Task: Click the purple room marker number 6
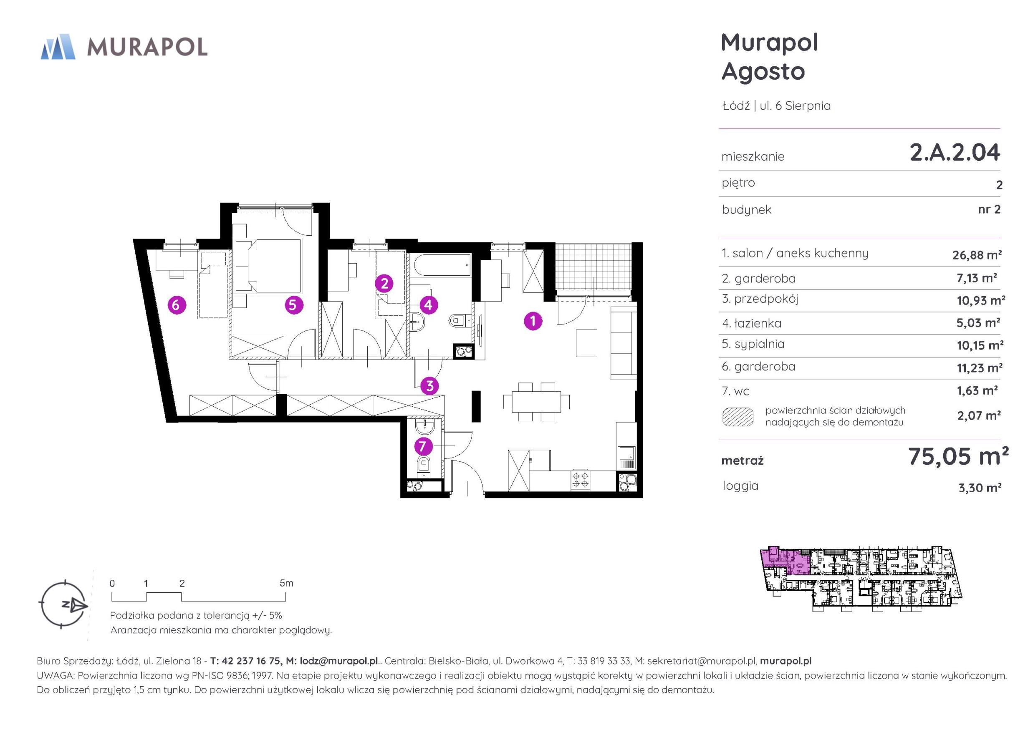[x=177, y=305]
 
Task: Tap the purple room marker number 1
[x=533, y=321]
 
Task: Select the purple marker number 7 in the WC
[x=422, y=446]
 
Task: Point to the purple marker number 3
[x=429, y=385]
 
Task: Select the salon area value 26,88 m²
[x=977, y=254]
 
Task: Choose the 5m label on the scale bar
[x=286, y=583]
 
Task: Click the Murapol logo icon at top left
[x=58, y=46]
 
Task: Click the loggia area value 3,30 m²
[x=980, y=488]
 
